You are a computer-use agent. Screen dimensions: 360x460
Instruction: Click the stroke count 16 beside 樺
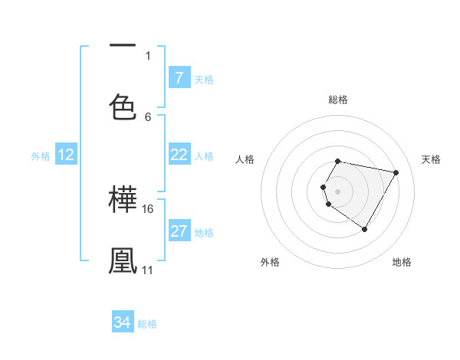coord(148,208)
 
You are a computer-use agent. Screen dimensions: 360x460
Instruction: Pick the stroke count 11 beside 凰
coord(148,270)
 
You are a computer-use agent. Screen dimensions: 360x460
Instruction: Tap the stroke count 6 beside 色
coord(148,116)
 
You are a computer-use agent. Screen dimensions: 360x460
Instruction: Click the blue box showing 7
coord(179,77)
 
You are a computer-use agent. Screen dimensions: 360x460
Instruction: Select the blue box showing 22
coord(179,155)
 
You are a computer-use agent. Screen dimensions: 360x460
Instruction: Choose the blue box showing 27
coord(179,231)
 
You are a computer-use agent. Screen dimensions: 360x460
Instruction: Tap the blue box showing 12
coord(66,155)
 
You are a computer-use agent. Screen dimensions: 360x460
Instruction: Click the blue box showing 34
coord(123,322)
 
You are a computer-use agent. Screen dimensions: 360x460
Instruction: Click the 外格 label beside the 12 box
coord(41,156)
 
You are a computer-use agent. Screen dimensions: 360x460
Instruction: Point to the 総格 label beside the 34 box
coord(147,324)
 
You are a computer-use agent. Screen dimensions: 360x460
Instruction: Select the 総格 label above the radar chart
coord(338,100)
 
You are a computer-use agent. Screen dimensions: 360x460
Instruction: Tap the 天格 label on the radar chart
coord(432,159)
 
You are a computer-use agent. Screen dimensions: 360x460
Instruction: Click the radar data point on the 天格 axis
coord(396,172)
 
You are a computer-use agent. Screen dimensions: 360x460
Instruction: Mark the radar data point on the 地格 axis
coord(364,229)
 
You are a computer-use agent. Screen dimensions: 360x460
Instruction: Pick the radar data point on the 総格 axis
coord(338,161)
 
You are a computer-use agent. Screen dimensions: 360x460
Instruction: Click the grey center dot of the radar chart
coord(338,191)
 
